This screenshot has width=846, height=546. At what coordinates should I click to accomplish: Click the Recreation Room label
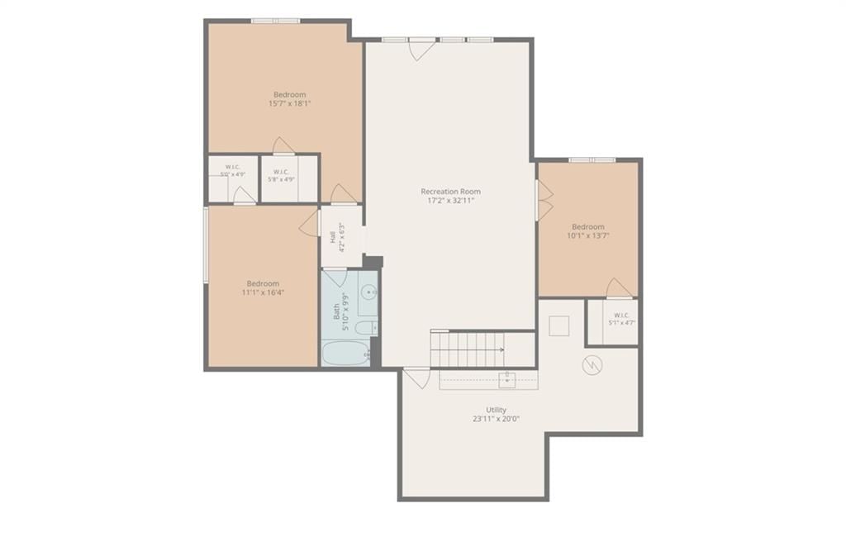450,192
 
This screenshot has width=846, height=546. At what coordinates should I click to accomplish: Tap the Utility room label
496,410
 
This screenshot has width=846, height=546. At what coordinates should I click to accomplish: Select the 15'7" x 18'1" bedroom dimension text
290,103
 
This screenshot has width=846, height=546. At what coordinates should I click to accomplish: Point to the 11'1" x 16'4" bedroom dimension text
263,292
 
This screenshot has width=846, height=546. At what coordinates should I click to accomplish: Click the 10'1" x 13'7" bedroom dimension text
588,235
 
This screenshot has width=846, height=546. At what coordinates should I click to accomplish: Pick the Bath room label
336,312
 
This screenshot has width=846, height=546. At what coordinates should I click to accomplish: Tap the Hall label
333,237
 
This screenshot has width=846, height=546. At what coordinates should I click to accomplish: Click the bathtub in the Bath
346,354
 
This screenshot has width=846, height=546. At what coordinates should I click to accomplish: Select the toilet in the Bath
368,327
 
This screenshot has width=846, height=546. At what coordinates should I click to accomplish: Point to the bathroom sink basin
369,292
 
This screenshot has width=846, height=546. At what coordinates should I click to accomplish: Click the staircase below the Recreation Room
468,349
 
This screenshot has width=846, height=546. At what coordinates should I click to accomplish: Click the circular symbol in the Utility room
592,365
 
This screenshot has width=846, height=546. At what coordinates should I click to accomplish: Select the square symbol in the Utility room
559,326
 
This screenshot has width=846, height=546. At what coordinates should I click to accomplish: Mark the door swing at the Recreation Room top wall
422,50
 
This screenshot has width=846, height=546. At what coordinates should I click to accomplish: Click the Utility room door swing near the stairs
416,377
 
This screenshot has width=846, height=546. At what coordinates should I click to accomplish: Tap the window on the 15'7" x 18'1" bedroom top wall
275,21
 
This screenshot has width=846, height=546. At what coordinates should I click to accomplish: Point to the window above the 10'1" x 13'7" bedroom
592,159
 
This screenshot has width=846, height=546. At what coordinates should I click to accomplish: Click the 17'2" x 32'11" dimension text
450,201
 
